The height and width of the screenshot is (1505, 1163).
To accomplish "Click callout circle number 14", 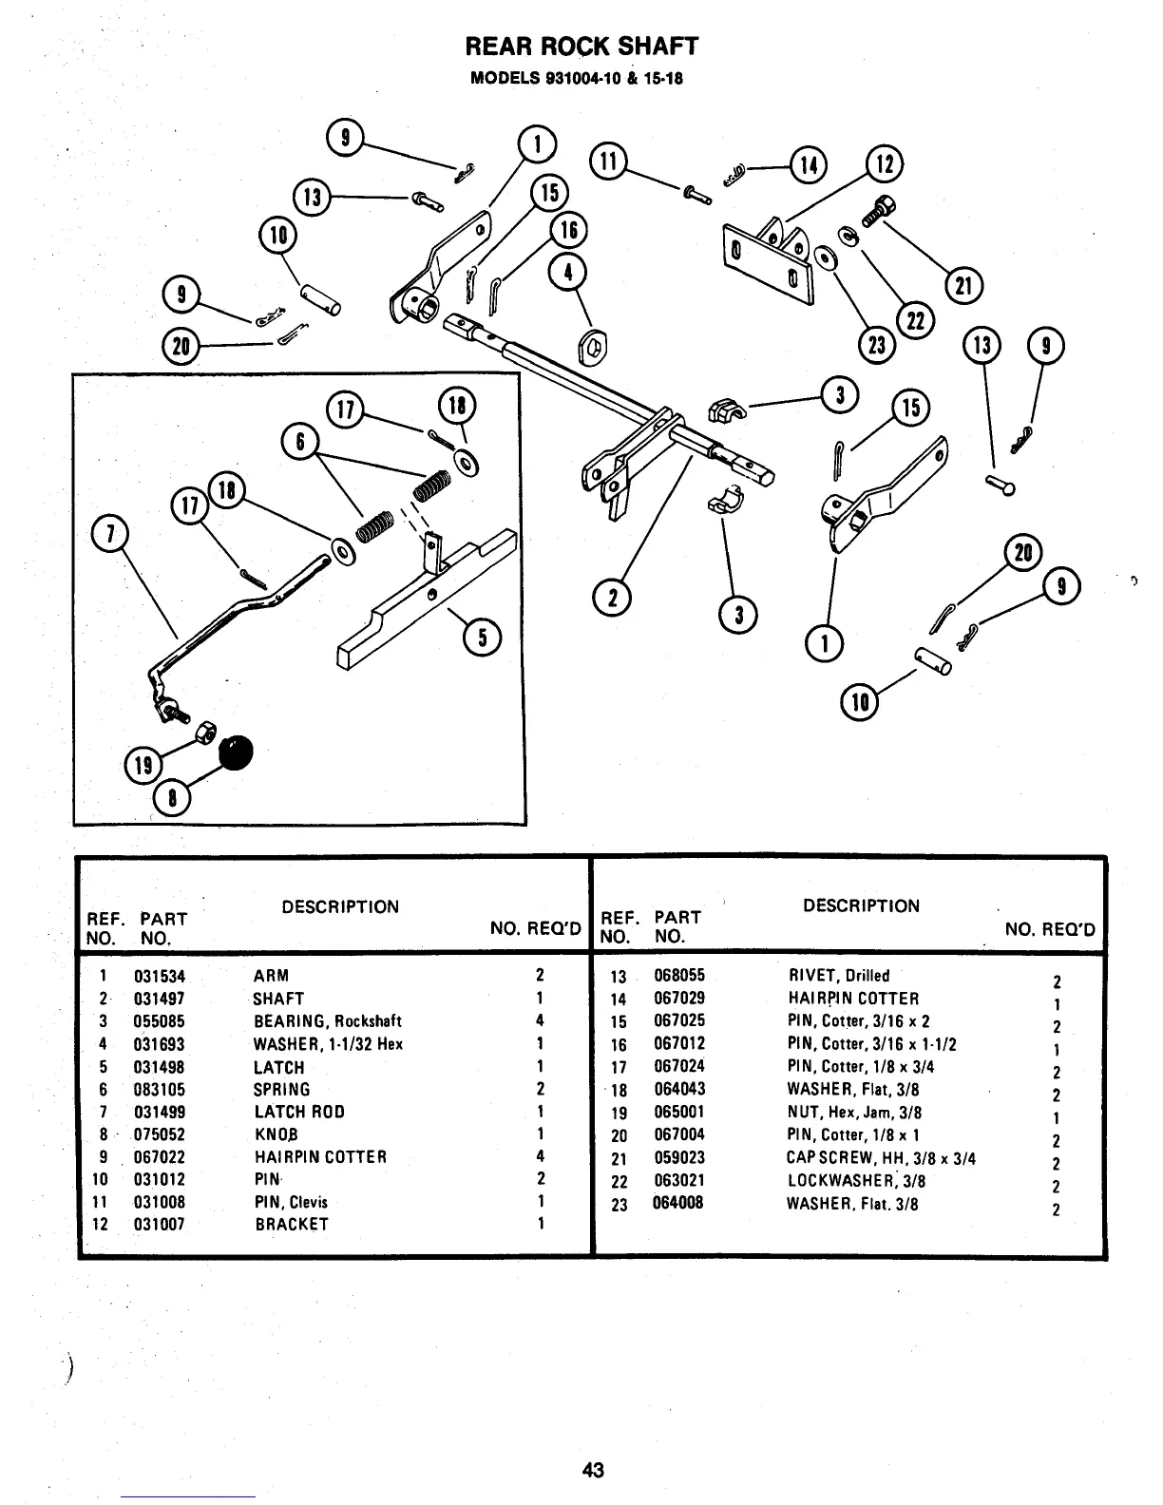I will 810,165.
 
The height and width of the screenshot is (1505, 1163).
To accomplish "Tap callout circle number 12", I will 885,165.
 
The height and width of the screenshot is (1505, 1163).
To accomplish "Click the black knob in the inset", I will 238,752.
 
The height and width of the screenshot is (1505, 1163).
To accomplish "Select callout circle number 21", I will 963,285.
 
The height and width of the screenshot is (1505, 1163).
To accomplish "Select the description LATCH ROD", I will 299,1112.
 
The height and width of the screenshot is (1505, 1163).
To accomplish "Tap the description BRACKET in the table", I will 292,1225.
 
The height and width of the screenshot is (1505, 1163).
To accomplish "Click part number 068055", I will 679,976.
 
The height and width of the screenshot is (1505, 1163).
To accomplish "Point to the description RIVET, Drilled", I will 839,976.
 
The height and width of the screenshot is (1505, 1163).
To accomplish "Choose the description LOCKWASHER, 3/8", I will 855,1181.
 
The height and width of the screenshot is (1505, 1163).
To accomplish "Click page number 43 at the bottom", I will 593,1470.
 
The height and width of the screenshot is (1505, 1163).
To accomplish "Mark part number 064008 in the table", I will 679,1204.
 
